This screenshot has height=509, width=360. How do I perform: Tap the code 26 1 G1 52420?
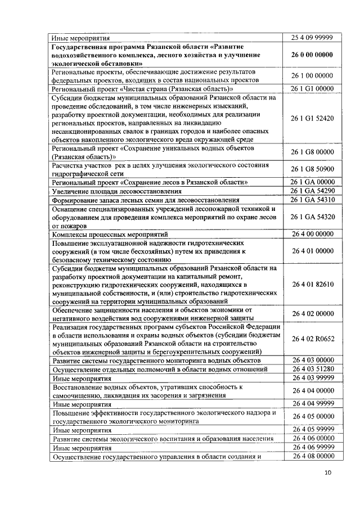(313, 119)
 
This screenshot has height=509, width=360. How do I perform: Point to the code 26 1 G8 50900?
(313, 169)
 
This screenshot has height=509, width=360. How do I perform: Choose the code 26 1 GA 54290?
(313, 191)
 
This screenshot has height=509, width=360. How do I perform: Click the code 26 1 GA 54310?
(313, 200)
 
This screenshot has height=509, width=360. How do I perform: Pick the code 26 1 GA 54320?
(313, 217)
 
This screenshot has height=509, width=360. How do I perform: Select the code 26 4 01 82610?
(313, 284)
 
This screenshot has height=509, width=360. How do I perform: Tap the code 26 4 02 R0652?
(313, 339)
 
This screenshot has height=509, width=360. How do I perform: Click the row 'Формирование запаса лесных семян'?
(146, 200)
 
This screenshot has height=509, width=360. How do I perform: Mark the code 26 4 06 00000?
(313, 438)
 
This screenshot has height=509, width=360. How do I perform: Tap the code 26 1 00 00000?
(313, 75)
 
